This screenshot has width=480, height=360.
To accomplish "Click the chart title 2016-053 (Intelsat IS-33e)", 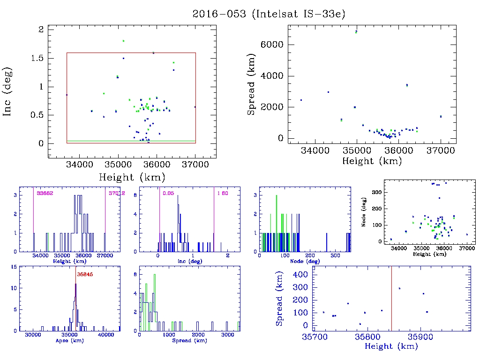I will (269, 14).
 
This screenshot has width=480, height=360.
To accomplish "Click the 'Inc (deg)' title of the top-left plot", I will (8, 92).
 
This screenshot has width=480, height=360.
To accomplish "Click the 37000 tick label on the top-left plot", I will (195, 165).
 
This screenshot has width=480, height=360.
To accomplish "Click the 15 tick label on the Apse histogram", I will (15, 267).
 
